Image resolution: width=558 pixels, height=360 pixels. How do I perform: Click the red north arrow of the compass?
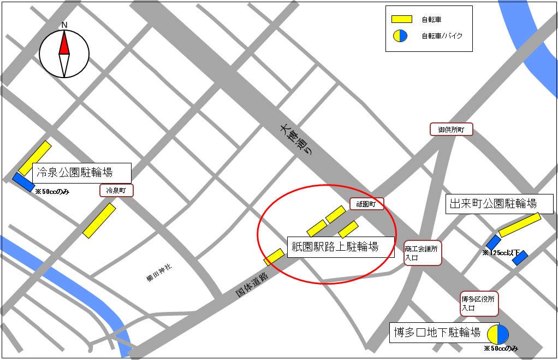(x=64, y=44)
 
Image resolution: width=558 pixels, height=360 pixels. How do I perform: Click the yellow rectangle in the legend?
(x=401, y=20)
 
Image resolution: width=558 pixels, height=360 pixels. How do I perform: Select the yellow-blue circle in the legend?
(x=401, y=36)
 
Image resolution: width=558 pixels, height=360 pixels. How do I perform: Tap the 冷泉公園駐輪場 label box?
(x=82, y=173)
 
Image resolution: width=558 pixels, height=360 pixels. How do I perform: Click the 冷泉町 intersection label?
(x=116, y=191)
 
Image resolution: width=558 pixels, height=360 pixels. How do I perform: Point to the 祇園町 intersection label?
(x=366, y=204)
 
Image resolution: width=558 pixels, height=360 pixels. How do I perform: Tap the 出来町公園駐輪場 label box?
(x=499, y=204)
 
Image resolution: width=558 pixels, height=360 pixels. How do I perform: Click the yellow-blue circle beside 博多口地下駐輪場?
(x=498, y=334)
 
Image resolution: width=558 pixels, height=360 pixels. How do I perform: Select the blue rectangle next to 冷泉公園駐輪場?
(x=23, y=182)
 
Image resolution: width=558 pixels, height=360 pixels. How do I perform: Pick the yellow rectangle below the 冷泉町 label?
(x=99, y=220)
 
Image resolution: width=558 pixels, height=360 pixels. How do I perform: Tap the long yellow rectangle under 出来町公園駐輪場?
(x=520, y=225)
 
